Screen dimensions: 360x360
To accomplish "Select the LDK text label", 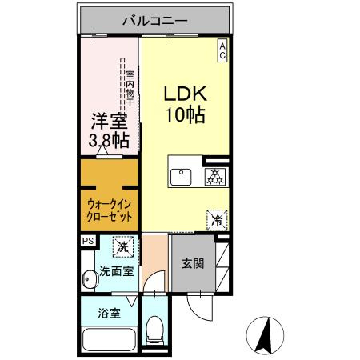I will click(x=186, y=93).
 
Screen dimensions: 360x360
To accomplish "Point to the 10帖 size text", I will click(x=186, y=114).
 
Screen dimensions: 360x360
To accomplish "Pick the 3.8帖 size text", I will click(x=108, y=142).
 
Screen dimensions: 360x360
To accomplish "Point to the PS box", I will click(x=86, y=240).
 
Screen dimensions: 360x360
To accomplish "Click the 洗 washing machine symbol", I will click(x=122, y=246).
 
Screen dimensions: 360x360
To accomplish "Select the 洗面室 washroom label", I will click(x=116, y=272).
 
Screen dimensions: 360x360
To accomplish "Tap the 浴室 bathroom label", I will click(x=110, y=313).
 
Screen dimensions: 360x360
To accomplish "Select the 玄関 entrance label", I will click(x=193, y=264).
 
